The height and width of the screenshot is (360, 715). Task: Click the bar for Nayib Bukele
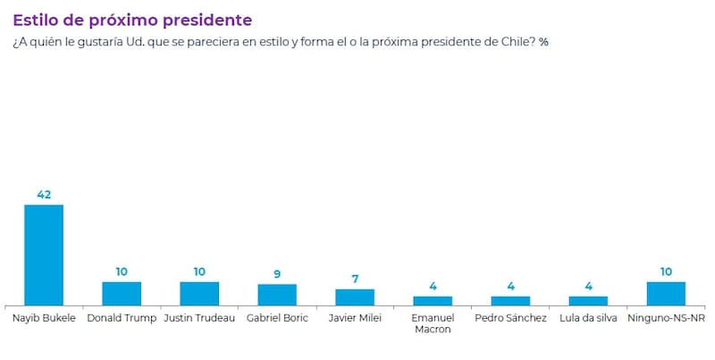43,255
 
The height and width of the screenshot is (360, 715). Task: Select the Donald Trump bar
122,294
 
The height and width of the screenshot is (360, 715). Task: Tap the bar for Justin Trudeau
199,294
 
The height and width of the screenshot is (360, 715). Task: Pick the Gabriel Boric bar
277,295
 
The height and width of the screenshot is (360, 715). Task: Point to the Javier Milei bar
355,297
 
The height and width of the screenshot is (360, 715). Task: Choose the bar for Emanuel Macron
433,301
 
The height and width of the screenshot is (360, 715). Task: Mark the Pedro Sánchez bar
510,301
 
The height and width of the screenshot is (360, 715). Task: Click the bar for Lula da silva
588,301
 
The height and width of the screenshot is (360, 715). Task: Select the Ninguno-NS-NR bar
666,294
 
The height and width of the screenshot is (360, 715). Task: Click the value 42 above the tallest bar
43,194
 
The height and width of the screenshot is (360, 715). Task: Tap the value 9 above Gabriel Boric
277,273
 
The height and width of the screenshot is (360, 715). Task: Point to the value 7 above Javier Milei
355,278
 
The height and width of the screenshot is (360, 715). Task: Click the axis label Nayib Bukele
43,317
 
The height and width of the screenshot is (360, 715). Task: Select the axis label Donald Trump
122,317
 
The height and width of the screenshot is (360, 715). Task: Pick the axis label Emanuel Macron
433,323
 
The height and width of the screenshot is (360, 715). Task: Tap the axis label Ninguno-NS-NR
666,317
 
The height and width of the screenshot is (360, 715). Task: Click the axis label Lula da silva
588,317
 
